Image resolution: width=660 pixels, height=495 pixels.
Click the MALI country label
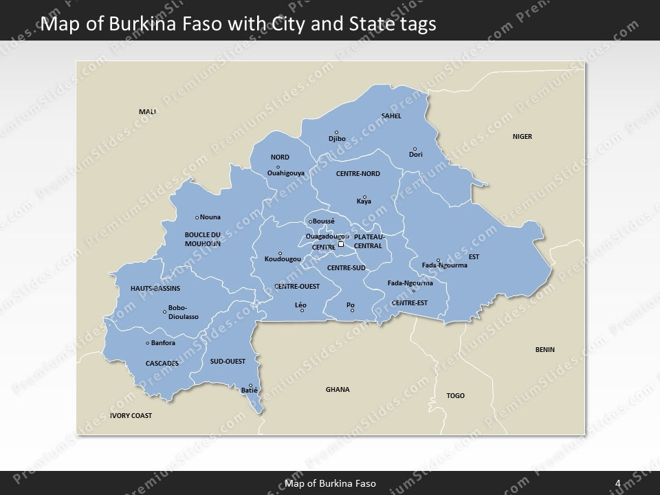(148, 111)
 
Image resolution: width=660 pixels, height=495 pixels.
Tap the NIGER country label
(522, 137)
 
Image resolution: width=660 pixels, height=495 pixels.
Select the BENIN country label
(545, 350)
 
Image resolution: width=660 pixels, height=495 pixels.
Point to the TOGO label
(456, 396)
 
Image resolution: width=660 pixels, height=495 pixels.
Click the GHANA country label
(338, 390)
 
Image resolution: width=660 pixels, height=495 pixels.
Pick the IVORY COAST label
(131, 416)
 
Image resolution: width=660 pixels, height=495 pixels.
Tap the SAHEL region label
(391, 116)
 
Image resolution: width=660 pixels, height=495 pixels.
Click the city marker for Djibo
(336, 133)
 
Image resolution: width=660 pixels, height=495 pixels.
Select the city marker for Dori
(415, 148)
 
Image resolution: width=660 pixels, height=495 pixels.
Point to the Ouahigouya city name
(286, 173)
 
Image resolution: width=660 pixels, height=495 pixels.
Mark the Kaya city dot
(364, 197)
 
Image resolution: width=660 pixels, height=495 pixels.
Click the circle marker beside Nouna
(197, 217)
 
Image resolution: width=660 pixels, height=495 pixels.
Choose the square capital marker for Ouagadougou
(341, 243)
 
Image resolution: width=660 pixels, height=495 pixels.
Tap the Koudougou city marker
(280, 253)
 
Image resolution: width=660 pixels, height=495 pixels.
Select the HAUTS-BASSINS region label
(155, 288)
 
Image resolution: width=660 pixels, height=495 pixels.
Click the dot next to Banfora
(148, 343)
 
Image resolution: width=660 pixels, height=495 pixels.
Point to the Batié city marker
(251, 386)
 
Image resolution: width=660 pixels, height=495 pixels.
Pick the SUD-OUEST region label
(228, 361)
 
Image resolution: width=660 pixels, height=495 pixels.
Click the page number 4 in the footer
(618, 483)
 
